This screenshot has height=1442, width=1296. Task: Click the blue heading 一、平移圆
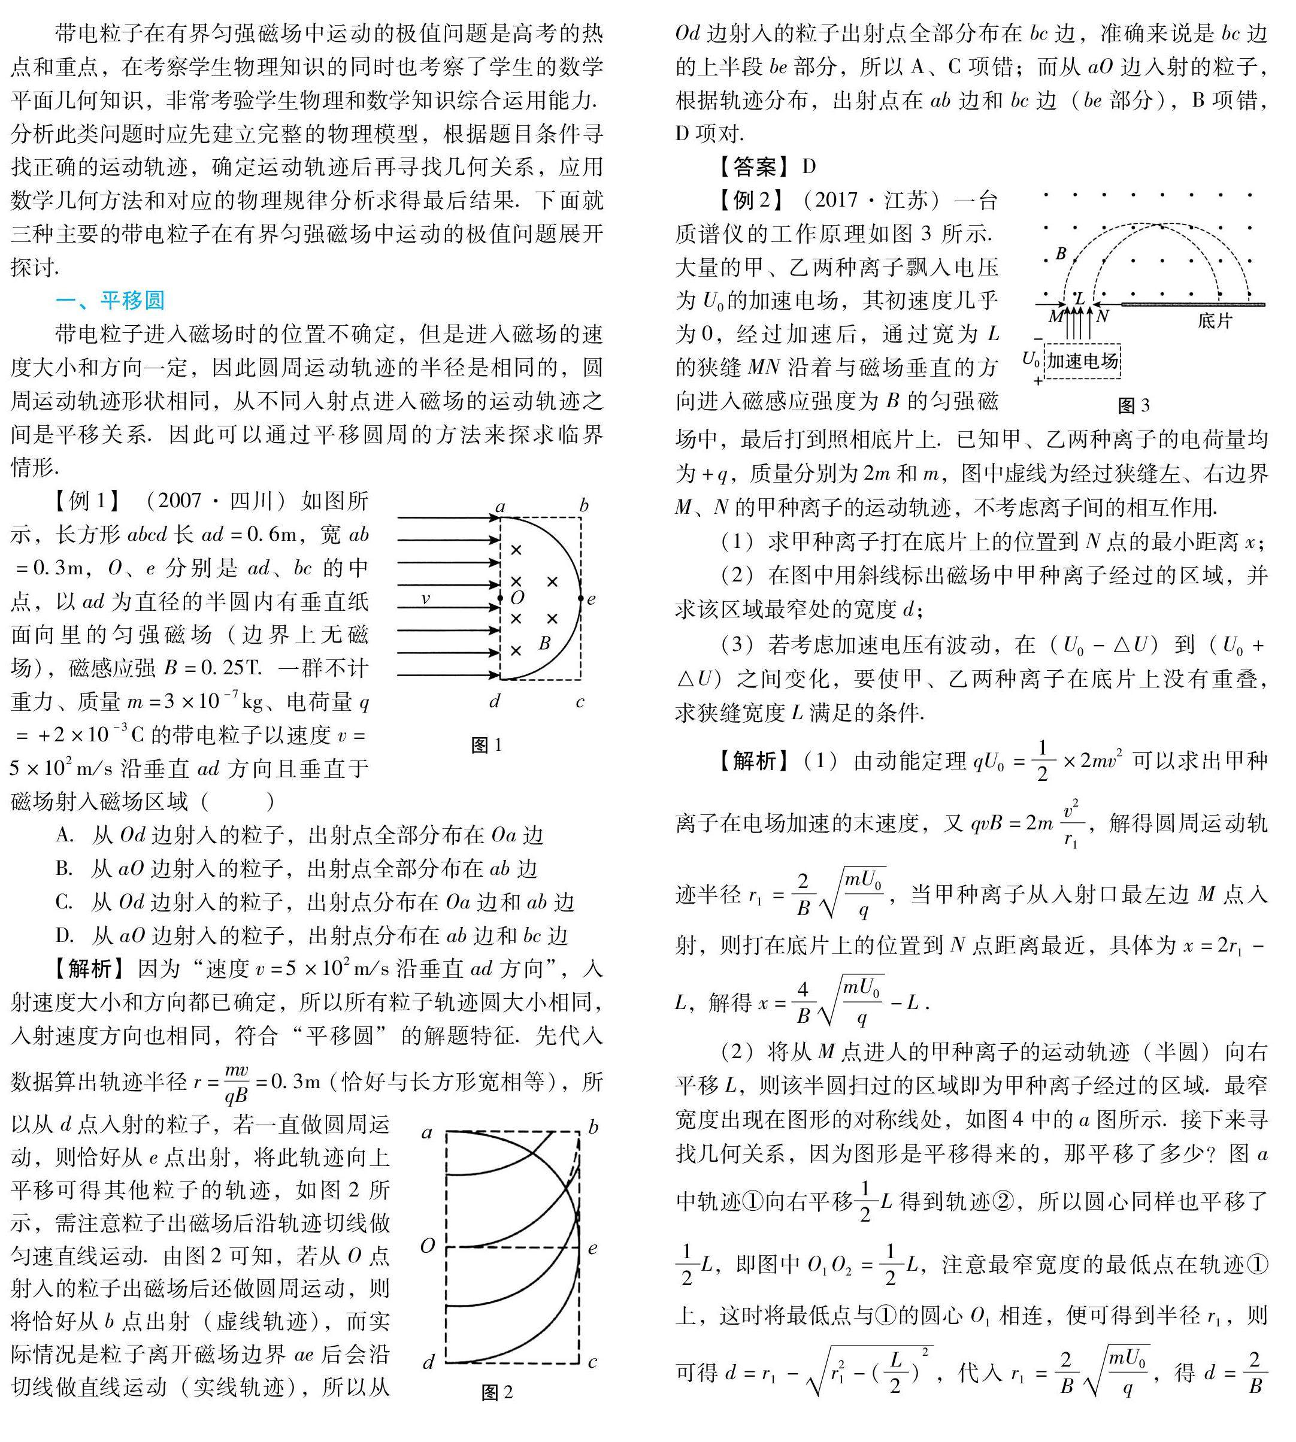click(110, 300)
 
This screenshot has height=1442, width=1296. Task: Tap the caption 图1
click(486, 745)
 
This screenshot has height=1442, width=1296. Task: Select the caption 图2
click(496, 1392)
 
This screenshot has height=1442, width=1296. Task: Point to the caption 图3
click(1134, 405)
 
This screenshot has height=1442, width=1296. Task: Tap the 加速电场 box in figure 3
click(1082, 361)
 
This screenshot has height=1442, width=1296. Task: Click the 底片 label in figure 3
click(1214, 320)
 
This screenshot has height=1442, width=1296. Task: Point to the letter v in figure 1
click(425, 599)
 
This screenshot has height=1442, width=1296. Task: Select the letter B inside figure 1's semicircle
click(545, 643)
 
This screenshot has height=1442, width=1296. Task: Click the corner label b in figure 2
click(593, 1127)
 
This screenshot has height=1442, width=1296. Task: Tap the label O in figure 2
click(427, 1246)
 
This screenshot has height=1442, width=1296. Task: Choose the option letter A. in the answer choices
click(65, 835)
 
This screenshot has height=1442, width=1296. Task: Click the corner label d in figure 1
click(495, 701)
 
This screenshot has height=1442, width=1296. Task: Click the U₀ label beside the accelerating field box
click(1030, 358)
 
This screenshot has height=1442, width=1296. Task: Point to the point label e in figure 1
click(591, 599)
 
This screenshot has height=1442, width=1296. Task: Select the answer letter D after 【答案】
click(809, 166)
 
